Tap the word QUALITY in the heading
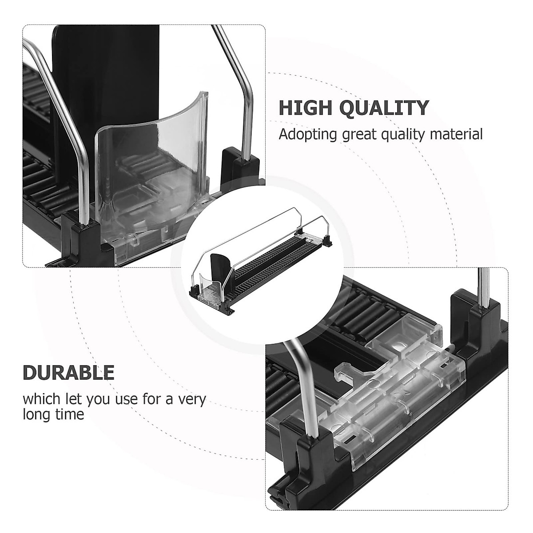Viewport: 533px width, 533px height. pyautogui.click(x=386, y=108)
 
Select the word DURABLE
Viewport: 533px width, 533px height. pyautogui.click(x=68, y=373)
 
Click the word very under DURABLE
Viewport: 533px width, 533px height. pyautogui.click(x=191, y=399)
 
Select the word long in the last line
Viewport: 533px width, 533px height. pyautogui.click(x=37, y=415)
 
